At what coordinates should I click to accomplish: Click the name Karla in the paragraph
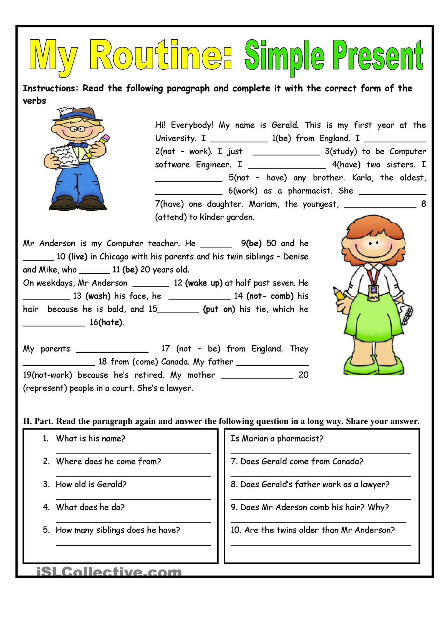pos(362,178)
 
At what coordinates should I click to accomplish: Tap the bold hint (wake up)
pos(204,283)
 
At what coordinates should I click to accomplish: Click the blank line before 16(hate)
pos(54,325)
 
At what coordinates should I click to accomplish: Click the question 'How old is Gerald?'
pos(91,484)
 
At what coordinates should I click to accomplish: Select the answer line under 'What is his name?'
pos(133,453)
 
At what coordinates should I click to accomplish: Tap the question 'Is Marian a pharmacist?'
pos(277,438)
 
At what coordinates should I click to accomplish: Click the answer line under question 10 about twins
pos(321,545)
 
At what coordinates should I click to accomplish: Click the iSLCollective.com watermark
pos(109,572)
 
